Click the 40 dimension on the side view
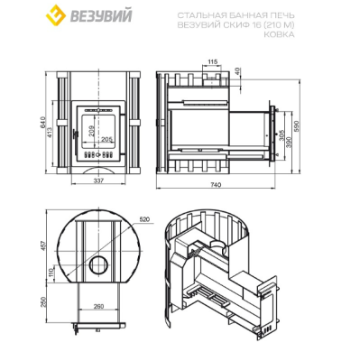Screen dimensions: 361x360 (239, 69)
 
